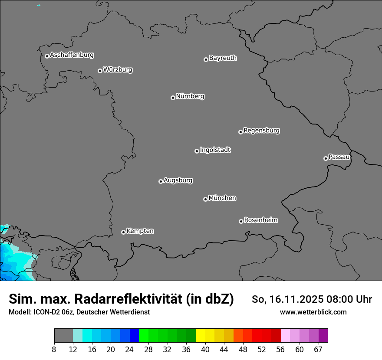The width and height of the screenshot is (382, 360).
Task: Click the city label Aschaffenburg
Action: (x=72, y=55)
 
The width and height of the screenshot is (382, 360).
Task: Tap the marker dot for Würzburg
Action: (x=100, y=71)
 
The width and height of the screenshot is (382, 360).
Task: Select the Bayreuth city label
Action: (x=223, y=58)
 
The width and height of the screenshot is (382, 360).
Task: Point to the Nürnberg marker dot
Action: (x=173, y=98)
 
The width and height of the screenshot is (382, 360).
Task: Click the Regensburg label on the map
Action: (x=261, y=130)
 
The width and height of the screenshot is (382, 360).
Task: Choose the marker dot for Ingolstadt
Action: (x=197, y=151)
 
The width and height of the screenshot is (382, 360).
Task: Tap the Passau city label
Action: (x=339, y=157)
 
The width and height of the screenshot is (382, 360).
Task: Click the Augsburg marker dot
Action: (x=161, y=181)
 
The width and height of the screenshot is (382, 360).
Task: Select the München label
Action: (x=222, y=198)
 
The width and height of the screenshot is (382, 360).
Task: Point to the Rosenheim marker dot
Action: (x=241, y=221)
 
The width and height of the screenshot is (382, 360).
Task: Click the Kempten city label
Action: (x=140, y=231)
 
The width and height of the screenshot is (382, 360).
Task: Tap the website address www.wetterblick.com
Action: (x=313, y=312)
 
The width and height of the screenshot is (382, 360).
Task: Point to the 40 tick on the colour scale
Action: (x=205, y=350)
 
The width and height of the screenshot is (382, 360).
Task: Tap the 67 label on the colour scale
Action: (x=318, y=350)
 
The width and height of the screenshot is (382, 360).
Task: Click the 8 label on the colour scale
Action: (x=54, y=350)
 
